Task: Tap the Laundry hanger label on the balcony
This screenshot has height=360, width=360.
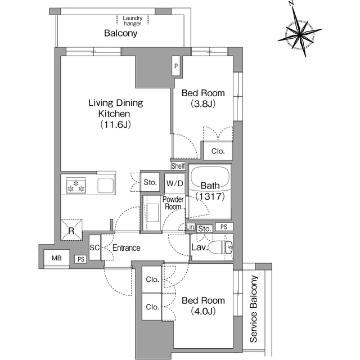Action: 133,21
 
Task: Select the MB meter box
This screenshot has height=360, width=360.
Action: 56,258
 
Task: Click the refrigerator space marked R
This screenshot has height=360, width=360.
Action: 71,230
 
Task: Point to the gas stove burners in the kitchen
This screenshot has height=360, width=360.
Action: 76,185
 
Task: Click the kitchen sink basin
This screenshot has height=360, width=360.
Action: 106,186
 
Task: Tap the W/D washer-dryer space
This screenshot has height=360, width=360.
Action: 175,183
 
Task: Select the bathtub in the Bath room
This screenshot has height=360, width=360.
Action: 210,178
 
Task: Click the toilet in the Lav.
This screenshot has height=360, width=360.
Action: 219,247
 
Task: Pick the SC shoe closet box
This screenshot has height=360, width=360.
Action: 94,247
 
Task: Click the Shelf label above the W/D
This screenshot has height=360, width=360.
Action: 178,166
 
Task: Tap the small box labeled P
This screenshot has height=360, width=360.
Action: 176,66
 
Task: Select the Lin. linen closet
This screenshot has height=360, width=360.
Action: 190,227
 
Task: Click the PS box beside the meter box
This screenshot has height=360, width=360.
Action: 81,259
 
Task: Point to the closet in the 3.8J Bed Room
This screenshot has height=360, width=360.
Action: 218,151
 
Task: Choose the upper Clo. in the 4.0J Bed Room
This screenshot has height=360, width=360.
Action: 152,280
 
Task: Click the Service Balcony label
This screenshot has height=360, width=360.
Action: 254,309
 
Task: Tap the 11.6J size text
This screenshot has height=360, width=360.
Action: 115,125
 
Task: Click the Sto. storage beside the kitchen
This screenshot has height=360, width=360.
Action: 150,182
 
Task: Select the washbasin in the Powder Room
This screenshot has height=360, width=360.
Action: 152,213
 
